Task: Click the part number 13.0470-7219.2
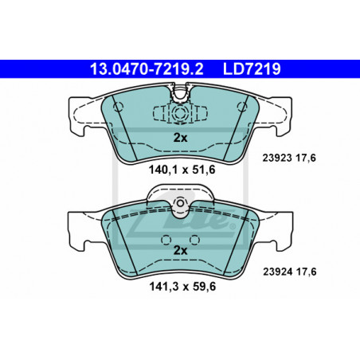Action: (x=147, y=69)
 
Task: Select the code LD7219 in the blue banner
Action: (x=252, y=69)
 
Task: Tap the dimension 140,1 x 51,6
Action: (x=182, y=170)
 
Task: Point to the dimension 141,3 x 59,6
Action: (x=182, y=287)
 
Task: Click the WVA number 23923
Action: (x=277, y=158)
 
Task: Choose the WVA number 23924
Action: (x=278, y=272)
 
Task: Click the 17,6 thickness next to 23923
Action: (x=306, y=158)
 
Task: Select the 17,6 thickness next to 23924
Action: (x=307, y=272)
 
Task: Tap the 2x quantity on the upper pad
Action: (x=180, y=138)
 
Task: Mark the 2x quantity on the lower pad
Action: (x=180, y=250)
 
